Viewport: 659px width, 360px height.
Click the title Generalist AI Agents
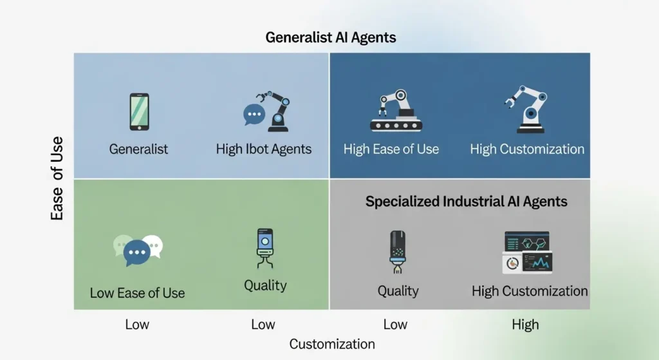[331, 37]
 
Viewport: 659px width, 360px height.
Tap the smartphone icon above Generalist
[139, 112]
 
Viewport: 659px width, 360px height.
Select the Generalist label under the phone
[138, 149]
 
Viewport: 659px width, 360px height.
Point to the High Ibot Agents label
[263, 149]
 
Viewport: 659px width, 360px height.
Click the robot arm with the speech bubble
[266, 111]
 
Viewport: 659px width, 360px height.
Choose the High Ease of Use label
[391, 149]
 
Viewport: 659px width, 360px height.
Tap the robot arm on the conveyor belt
[396, 110]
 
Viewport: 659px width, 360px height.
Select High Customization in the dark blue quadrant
[527, 149]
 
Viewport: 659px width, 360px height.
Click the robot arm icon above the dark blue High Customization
[526, 109]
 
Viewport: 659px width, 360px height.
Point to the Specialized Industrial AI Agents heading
[466, 202]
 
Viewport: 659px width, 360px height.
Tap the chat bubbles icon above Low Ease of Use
[138, 250]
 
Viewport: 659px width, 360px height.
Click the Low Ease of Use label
[137, 293]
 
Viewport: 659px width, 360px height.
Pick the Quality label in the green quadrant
[265, 285]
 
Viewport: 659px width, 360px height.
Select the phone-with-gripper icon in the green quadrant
[265, 248]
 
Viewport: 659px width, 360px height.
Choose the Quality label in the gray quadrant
[398, 291]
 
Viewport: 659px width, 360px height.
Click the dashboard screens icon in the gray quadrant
[528, 252]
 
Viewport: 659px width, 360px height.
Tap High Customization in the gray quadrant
[530, 291]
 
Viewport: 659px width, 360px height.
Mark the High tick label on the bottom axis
[525, 324]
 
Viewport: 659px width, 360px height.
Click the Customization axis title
[332, 344]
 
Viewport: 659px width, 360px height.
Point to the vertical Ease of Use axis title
[57, 178]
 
